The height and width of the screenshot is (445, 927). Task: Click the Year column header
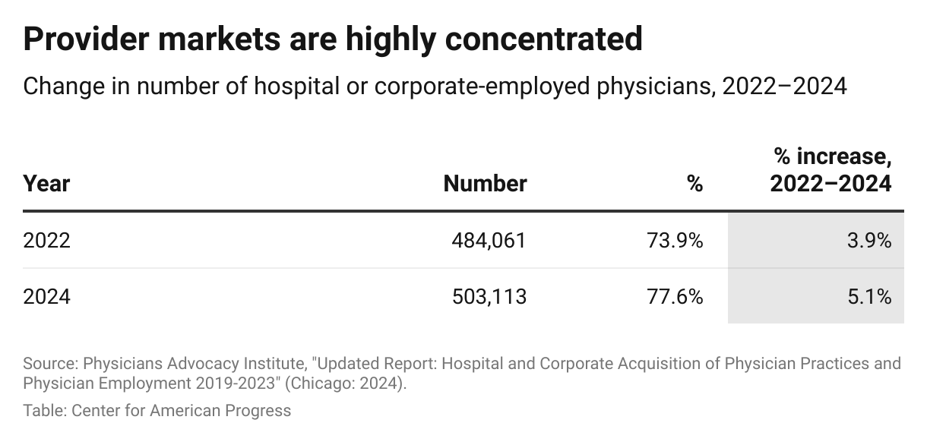coord(46,184)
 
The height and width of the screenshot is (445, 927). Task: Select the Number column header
coord(485,184)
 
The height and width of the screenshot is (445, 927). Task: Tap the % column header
coord(694,184)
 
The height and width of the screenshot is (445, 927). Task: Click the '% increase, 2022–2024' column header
coord(831,171)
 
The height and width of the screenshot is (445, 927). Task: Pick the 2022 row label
coord(46,241)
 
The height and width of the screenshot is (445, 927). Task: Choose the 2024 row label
coord(46,296)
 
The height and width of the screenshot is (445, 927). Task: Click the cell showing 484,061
coord(489,241)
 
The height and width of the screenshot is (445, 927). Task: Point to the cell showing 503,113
coord(489,296)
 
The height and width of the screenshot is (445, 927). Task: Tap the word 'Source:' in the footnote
coord(49,363)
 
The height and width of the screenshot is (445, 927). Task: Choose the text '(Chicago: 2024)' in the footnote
coord(346,383)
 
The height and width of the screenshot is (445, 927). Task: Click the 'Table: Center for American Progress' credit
coord(157,411)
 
